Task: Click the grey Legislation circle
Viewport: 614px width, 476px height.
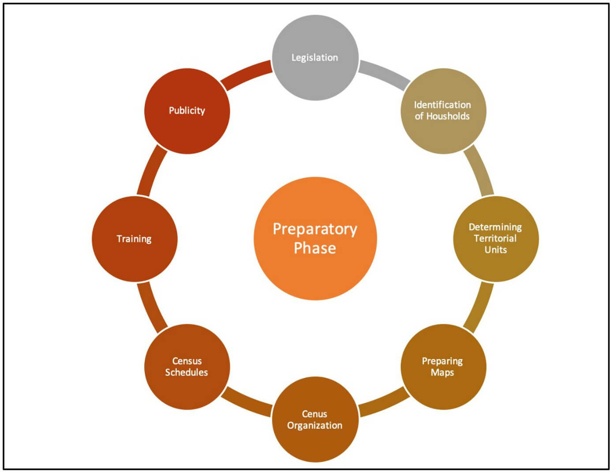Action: tap(315, 57)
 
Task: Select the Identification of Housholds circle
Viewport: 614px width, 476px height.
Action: tap(443, 111)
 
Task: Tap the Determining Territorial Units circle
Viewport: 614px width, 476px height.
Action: tap(496, 239)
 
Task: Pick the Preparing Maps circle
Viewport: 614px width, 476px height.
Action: tap(443, 367)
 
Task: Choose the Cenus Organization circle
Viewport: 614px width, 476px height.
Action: tap(315, 420)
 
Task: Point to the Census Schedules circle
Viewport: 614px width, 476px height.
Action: tap(187, 367)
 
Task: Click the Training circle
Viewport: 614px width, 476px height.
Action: tap(134, 239)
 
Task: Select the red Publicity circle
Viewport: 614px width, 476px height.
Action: tap(187, 111)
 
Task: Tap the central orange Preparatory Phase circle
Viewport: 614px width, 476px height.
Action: tap(315, 239)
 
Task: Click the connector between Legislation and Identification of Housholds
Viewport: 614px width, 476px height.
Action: tap(383, 73)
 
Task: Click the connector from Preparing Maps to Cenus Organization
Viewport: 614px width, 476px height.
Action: tap(383, 404)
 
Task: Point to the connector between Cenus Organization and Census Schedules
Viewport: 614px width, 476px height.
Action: tap(246, 403)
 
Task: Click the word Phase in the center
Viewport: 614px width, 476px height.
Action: tap(315, 248)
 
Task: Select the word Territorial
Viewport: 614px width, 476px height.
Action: tap(495, 239)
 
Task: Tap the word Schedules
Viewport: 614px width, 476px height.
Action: tap(187, 372)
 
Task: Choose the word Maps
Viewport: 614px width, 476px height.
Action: tap(442, 373)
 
